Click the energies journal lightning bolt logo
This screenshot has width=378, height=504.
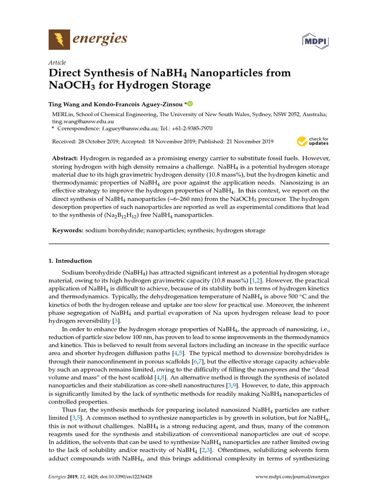59,39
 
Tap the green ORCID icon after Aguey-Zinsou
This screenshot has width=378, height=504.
190,104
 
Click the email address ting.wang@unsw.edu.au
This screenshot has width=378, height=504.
83,121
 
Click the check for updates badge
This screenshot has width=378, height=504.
313,142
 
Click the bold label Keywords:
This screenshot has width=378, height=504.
68,230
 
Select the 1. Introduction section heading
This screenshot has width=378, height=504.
70,261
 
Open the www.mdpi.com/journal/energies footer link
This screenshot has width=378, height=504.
292,476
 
